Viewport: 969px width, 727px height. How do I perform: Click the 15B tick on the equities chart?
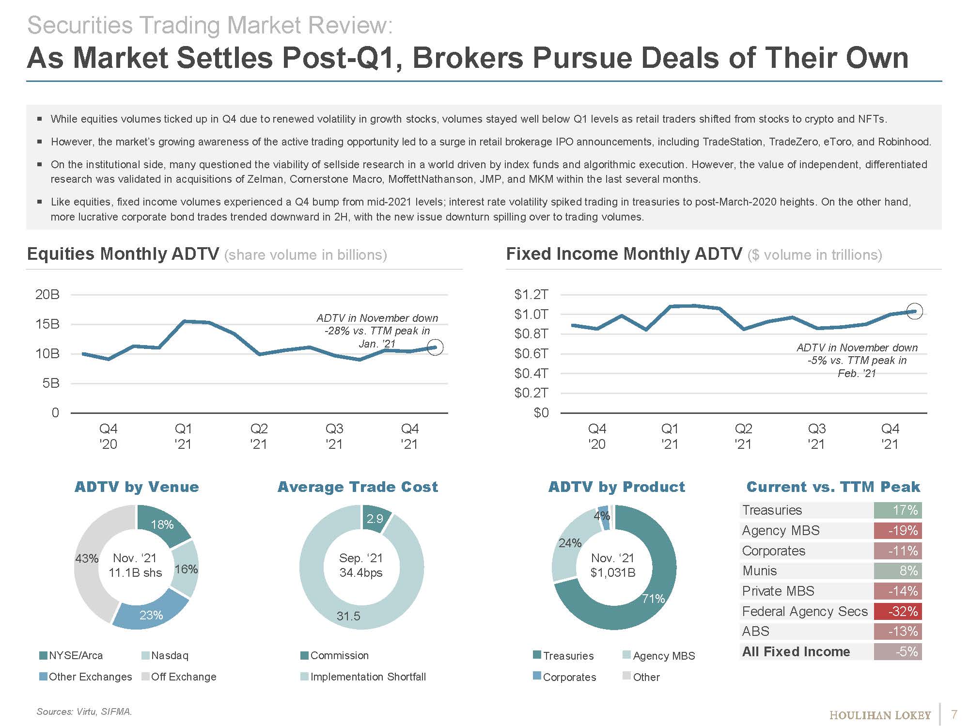point(47,324)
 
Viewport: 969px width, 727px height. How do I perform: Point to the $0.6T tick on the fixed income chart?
point(531,354)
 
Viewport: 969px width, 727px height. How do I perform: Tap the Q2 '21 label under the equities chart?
point(259,436)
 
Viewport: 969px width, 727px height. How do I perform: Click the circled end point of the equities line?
point(435,347)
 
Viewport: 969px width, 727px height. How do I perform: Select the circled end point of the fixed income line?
point(914,311)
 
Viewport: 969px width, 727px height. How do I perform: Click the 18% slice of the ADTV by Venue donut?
point(162,524)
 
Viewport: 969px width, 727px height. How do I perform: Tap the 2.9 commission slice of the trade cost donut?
point(375,519)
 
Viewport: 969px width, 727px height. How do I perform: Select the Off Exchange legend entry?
point(183,677)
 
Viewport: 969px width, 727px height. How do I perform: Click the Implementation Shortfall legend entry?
point(368,677)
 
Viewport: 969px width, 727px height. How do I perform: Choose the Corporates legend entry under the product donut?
point(569,677)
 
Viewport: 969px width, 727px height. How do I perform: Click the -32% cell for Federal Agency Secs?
point(898,611)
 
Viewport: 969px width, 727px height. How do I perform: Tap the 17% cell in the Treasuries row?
point(898,510)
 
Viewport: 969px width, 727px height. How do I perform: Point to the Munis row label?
point(759,571)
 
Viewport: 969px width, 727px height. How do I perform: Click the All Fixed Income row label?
point(796,651)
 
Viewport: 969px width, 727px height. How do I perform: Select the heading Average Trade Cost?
point(358,487)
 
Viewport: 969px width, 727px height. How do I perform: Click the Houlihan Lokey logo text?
point(880,715)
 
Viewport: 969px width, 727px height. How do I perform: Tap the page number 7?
point(954,714)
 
